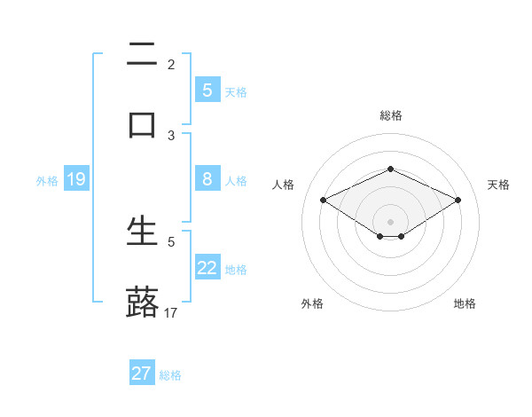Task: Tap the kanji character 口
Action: pos(142,124)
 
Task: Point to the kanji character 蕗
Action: pos(142,302)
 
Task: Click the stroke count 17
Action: pos(171,312)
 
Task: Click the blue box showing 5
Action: pos(207,90)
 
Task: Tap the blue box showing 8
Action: pos(207,179)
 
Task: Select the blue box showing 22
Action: pos(207,268)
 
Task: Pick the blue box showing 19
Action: pos(76,180)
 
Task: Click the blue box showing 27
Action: pos(142,374)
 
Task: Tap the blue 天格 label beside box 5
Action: pos(236,91)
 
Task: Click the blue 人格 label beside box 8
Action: pos(236,180)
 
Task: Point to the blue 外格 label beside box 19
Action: pos(47,181)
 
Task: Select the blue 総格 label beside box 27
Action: pos(170,375)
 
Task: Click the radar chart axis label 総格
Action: pos(390,115)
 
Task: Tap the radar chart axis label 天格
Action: pos(498,185)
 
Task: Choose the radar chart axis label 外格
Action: pos(312,303)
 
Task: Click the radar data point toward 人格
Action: pos(324,200)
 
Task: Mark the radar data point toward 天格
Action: pos(458,200)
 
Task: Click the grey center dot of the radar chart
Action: pos(390,222)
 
